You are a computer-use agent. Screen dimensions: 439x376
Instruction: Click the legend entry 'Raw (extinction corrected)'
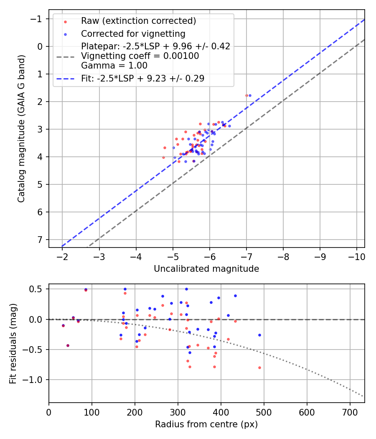(x=138, y=21)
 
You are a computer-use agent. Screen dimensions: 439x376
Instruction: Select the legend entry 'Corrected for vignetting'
(x=133, y=33)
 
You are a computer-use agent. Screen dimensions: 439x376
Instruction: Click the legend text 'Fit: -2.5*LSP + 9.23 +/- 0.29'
(x=142, y=78)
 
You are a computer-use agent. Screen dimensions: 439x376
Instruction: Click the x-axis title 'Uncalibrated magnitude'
(x=206, y=269)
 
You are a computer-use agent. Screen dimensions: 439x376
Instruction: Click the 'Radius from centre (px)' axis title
(x=206, y=424)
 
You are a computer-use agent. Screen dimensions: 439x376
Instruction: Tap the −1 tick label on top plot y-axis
(x=38, y=19)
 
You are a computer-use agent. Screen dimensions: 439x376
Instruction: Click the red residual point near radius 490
(x=259, y=368)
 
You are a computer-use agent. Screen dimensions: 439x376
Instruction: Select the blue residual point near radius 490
(x=259, y=335)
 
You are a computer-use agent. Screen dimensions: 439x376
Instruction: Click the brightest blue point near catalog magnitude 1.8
(x=250, y=95)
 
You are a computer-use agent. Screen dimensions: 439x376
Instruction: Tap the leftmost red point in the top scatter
(x=163, y=157)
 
